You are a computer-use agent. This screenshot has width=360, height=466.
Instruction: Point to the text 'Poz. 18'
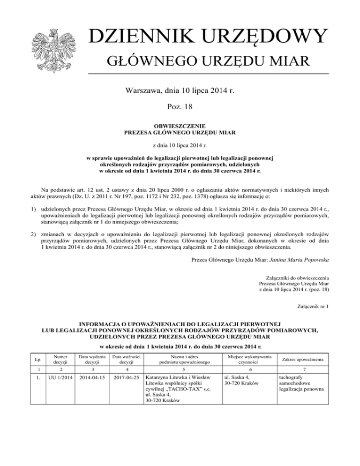[x=180, y=106]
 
